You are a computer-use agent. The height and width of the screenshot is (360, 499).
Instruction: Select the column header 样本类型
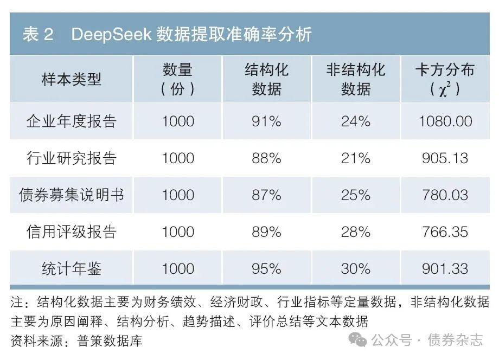[x=72, y=80]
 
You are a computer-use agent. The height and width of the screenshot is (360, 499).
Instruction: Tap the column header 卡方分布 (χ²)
[x=445, y=80]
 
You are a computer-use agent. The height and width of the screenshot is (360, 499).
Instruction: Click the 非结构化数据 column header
[x=356, y=80]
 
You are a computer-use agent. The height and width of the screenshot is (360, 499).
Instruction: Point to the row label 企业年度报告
[x=72, y=121]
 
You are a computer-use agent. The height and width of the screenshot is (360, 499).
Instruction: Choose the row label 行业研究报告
[x=72, y=158]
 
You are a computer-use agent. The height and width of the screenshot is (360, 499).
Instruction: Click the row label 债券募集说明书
[x=72, y=195]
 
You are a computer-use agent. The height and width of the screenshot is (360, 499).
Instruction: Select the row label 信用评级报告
[x=72, y=232]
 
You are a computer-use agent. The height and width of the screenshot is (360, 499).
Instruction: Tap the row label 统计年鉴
[x=72, y=268]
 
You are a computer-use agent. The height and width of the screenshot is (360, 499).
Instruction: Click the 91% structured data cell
[x=266, y=121]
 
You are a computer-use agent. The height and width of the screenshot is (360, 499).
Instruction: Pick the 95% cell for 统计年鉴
[x=266, y=268]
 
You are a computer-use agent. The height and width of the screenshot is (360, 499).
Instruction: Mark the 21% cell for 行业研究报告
[x=356, y=158]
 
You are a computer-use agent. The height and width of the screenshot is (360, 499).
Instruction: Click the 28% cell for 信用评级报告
[x=356, y=232]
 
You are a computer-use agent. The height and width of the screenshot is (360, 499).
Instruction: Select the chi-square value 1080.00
[x=445, y=121]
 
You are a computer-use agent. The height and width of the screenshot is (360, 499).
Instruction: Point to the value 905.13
[x=445, y=158]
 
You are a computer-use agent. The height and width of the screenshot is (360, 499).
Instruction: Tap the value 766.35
[x=445, y=232]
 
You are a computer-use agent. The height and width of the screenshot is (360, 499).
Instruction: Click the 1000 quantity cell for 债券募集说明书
[x=178, y=195]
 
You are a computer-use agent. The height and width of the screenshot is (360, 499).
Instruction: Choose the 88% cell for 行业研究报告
[x=266, y=158]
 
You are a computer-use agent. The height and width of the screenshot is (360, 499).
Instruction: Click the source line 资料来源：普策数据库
[x=76, y=341]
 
